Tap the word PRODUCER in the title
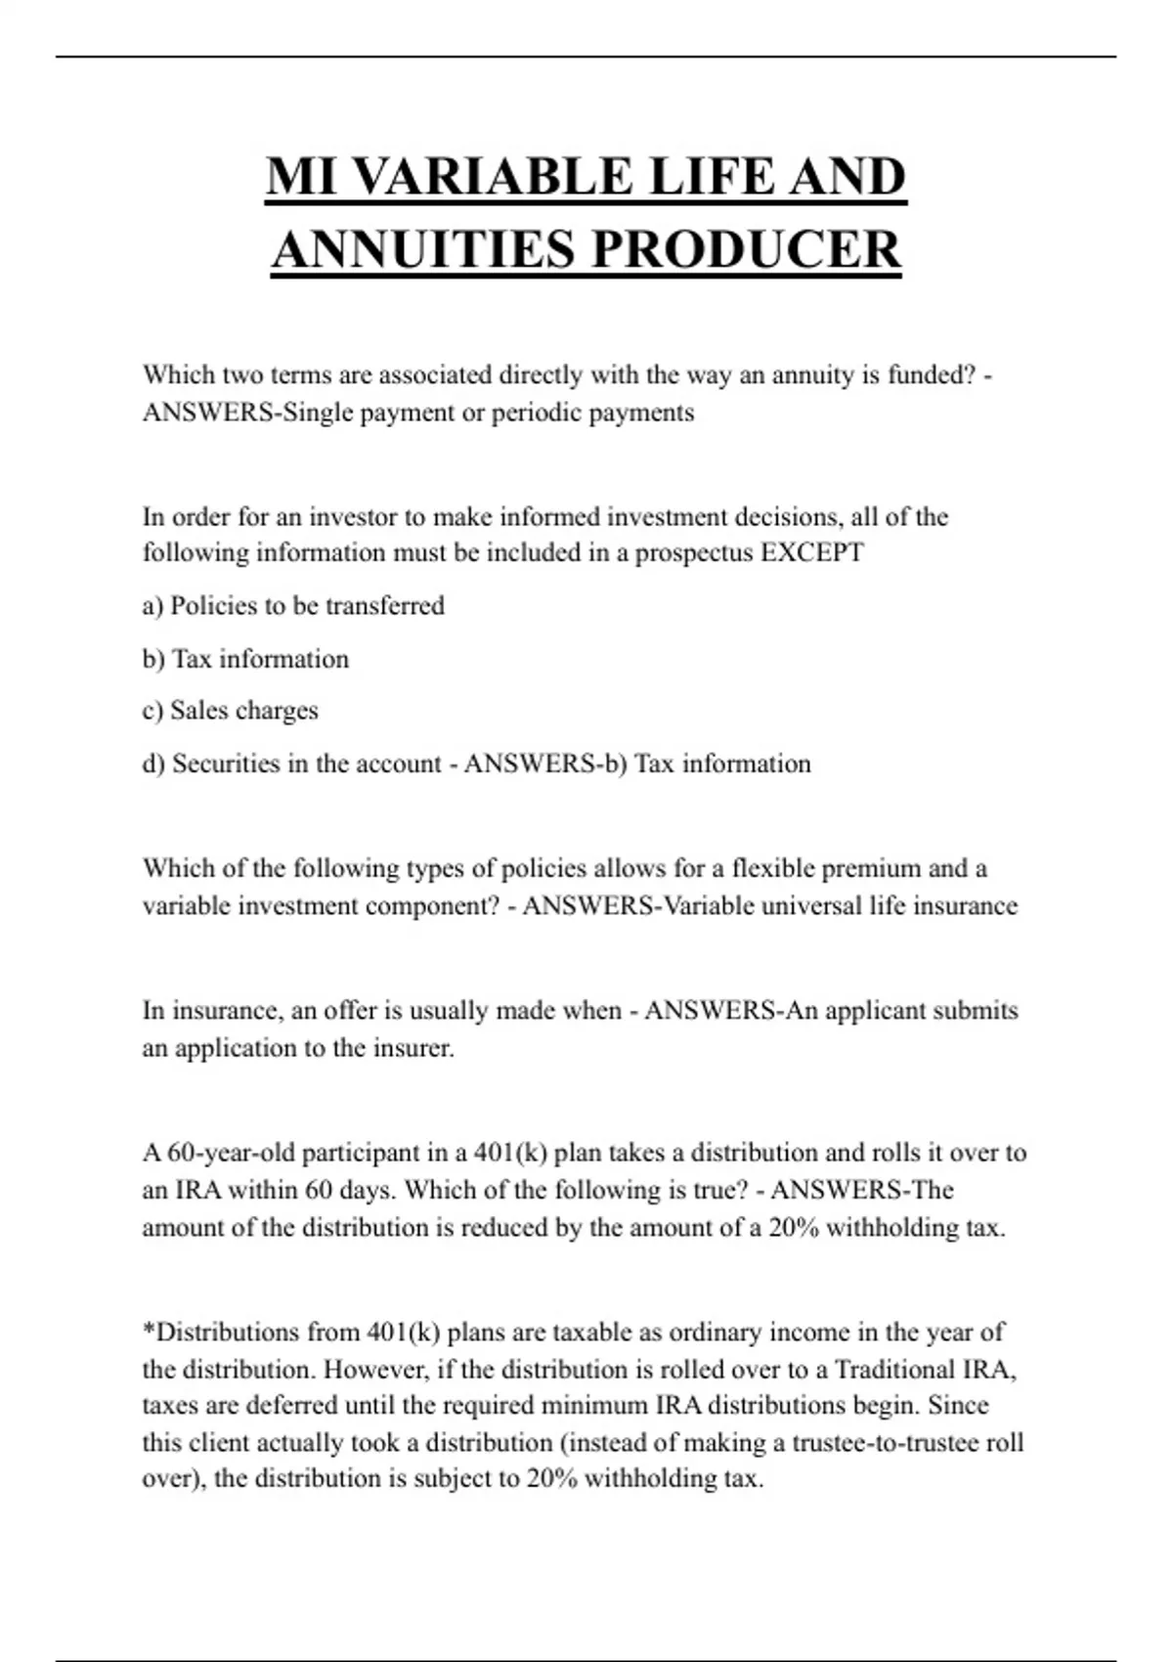tap(746, 249)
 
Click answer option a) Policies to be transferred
tap(293, 606)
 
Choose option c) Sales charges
tap(231, 711)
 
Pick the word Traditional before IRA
tap(894, 1370)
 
